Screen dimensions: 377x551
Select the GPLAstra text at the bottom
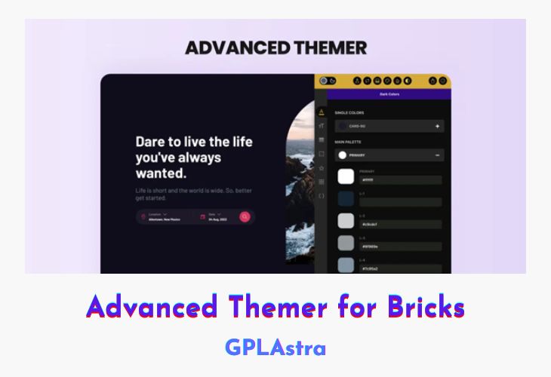coord(275,348)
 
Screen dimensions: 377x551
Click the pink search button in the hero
coord(245,217)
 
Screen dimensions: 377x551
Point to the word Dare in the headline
coord(151,141)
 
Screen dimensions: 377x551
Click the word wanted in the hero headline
coord(159,174)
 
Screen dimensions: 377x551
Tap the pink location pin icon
coord(143,217)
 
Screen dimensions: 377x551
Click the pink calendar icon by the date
coord(202,217)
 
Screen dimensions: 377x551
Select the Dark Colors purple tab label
coord(389,94)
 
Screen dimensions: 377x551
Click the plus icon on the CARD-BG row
coord(437,127)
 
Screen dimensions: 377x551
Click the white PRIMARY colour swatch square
coord(346,176)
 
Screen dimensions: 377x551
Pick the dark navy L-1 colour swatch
coord(346,198)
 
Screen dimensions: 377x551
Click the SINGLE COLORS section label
coord(349,113)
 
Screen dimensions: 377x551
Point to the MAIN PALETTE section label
coord(349,141)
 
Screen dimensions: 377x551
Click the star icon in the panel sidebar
coord(321,167)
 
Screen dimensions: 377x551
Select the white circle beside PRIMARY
coord(342,155)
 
